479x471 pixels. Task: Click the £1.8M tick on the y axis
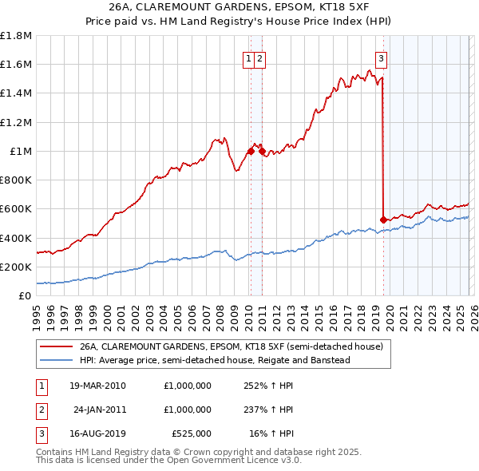[18, 36]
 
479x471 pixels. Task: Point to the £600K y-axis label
[16, 209]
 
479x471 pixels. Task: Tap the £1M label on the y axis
[20, 152]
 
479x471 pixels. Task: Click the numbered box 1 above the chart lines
[249, 57]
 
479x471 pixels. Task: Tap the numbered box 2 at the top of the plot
[261, 57]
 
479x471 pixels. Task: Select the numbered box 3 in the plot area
[382, 57]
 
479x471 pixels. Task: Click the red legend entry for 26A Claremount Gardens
[232, 347]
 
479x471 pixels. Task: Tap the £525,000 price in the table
[191, 433]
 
